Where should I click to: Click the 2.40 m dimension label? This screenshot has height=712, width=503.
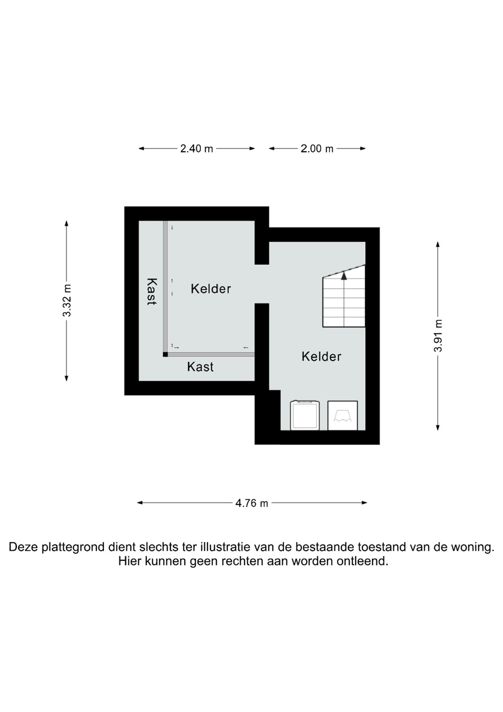tap(197, 148)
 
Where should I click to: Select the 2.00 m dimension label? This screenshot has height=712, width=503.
tap(317, 148)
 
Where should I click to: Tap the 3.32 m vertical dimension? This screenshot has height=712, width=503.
tap(67, 301)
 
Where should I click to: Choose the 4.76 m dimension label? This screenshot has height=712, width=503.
tap(252, 503)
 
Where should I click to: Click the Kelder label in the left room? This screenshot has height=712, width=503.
tap(211, 289)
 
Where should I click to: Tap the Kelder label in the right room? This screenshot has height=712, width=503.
tap(321, 356)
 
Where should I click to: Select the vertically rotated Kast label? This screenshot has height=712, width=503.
tap(152, 292)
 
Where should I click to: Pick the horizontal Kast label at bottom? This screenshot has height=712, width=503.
tap(200, 367)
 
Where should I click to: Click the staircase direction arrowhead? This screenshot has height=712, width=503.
tap(344, 275)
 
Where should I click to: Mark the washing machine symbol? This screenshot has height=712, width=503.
tap(305, 415)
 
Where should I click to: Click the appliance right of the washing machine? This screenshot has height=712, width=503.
tap(342, 416)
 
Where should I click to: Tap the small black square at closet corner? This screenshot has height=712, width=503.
tap(165, 355)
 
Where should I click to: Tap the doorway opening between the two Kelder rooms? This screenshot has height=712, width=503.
tap(262, 284)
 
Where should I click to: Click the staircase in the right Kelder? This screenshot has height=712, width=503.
tap(344, 296)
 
